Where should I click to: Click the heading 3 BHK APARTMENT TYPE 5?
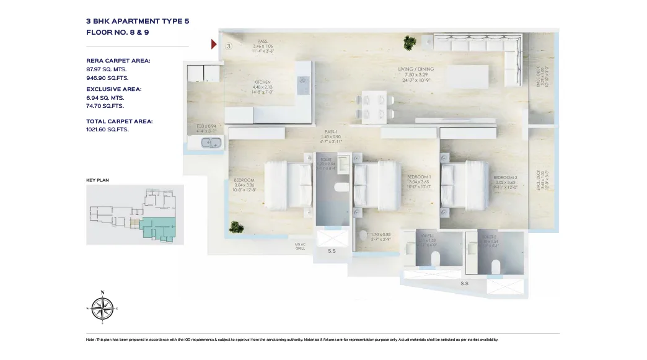(x=138, y=21)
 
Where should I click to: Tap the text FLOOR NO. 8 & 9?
(x=118, y=32)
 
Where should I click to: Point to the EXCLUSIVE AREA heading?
(x=113, y=89)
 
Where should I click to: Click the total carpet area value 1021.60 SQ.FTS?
(x=108, y=130)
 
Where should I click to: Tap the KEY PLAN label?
(x=98, y=180)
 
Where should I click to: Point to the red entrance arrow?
(x=214, y=44)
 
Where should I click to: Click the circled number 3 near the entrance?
(x=229, y=46)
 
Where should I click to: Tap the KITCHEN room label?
(x=262, y=82)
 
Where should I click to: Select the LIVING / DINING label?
(x=416, y=69)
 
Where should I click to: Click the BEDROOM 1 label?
(x=419, y=177)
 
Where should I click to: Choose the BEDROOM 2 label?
(x=505, y=177)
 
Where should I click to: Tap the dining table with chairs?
(x=374, y=105)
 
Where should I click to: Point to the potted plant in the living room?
(x=409, y=43)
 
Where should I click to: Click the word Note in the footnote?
(x=91, y=340)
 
